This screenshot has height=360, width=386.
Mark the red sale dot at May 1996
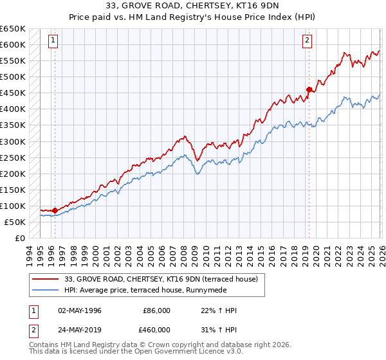[x=55, y=210]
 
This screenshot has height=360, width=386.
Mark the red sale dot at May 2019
[x=309, y=89]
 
